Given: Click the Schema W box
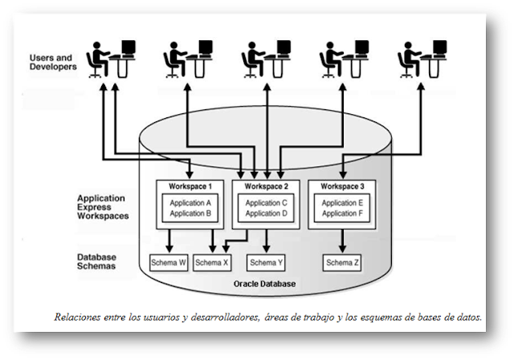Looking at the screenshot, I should click(169, 263).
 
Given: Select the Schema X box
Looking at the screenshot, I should click(212, 263).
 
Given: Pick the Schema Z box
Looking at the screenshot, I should click(343, 263).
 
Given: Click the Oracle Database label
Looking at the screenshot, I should click(265, 284).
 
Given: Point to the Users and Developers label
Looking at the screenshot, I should click(53, 63).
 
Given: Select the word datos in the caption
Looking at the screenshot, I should click(468, 317).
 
